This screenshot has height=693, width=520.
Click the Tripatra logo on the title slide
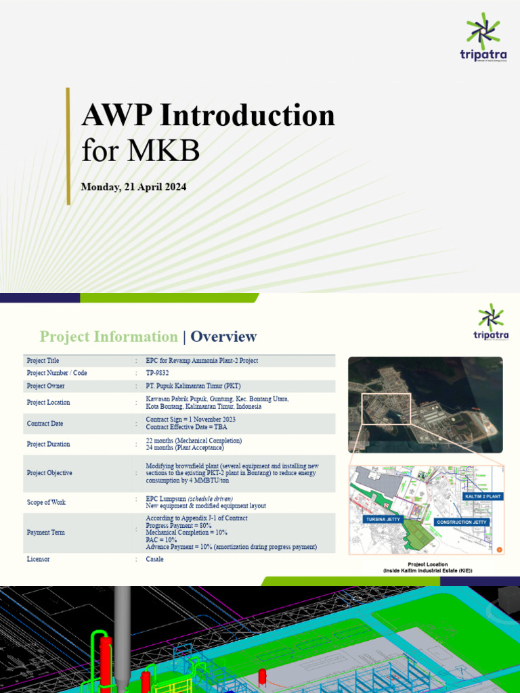(x=483, y=40)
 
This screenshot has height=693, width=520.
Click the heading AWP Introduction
(x=208, y=115)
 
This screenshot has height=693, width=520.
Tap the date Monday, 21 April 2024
(x=133, y=187)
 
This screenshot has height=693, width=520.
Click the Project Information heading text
(x=108, y=337)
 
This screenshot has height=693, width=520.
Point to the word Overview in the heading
(x=224, y=337)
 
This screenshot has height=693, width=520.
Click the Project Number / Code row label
(x=57, y=373)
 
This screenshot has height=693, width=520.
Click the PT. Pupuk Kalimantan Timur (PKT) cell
(x=193, y=386)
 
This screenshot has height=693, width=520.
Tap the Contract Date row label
(x=45, y=424)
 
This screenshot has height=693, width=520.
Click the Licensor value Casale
(x=154, y=560)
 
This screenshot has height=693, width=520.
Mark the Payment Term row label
(x=47, y=533)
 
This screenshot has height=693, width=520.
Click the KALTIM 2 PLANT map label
(x=482, y=497)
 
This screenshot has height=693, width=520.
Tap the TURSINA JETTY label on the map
(x=384, y=520)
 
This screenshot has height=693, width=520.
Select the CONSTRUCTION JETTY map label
(x=462, y=522)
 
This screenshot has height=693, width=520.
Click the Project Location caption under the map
(x=427, y=567)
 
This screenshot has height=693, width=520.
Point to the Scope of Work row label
(x=47, y=502)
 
